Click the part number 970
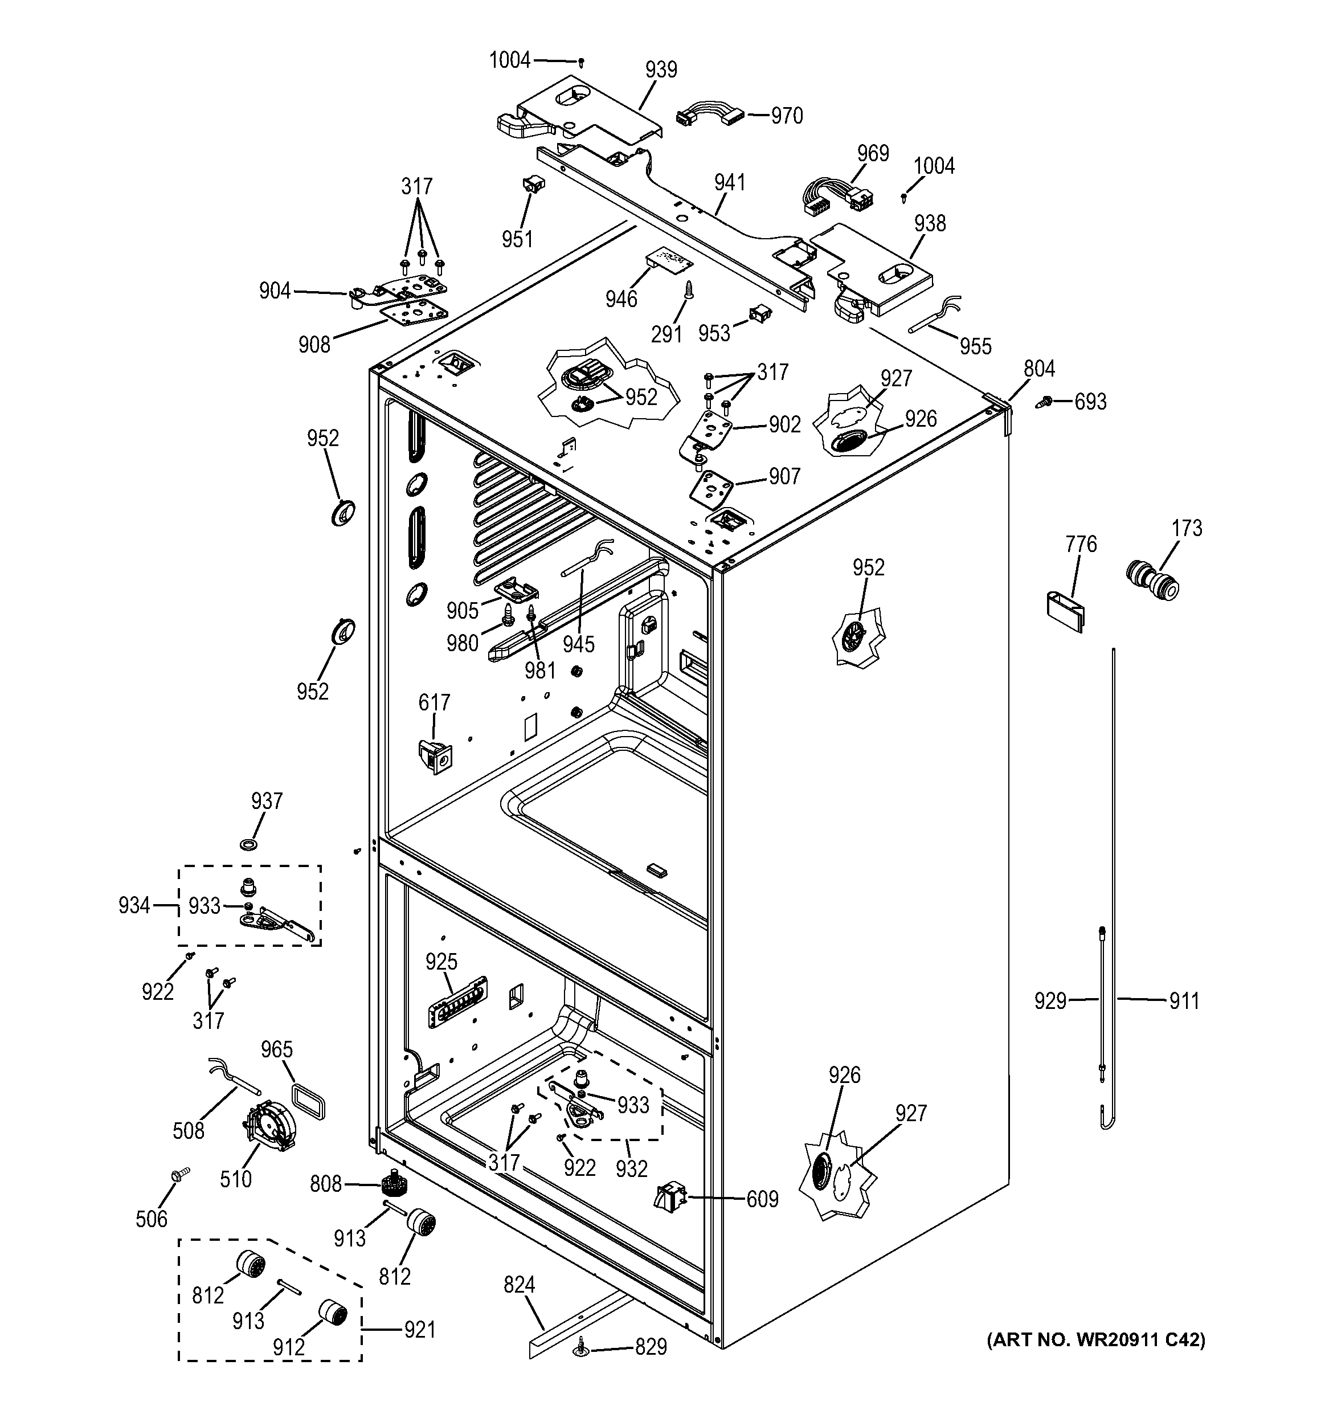point(787,116)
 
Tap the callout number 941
point(729,182)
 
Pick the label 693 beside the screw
point(1090,402)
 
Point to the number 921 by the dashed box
point(419,1329)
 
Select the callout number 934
point(134,905)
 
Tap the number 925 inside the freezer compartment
point(441,962)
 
